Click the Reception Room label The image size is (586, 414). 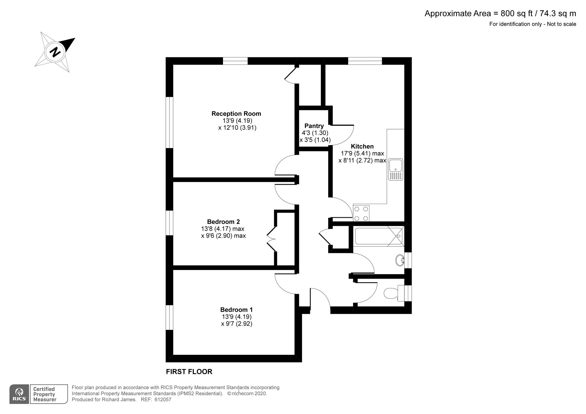point(236,114)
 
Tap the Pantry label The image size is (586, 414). point(314,126)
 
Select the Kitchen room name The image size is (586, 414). point(362,146)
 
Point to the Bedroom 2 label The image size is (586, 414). point(223,222)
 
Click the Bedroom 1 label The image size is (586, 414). point(236,309)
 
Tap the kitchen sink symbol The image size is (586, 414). point(396,169)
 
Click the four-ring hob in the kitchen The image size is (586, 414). point(361,213)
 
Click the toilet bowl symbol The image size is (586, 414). point(391,293)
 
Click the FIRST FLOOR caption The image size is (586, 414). point(189,372)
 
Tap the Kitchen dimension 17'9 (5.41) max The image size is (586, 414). point(362,153)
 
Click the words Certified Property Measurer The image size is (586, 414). point(44,394)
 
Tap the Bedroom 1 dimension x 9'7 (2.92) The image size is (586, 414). point(236,324)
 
